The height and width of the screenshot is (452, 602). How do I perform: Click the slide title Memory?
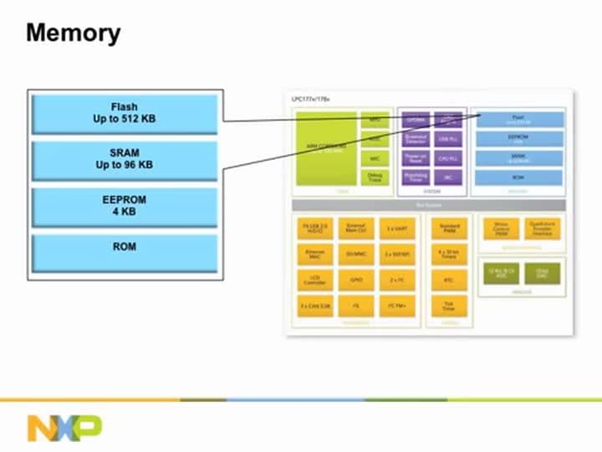[x=74, y=34]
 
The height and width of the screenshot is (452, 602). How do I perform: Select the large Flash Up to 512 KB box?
[x=125, y=113]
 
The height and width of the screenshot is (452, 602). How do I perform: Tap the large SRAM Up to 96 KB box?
[x=125, y=160]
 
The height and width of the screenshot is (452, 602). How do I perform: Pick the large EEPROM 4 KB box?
[x=125, y=207]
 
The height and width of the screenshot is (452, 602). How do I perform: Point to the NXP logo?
[x=64, y=427]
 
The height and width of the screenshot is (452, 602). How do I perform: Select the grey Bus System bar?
[x=428, y=205]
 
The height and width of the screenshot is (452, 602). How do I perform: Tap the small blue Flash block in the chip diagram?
[x=518, y=120]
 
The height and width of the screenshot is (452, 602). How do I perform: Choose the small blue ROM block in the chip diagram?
[x=518, y=177]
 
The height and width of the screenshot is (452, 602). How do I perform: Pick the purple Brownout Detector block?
[x=416, y=139]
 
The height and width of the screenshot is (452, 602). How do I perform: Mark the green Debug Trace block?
[x=375, y=177]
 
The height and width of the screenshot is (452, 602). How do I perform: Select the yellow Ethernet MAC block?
[x=315, y=254]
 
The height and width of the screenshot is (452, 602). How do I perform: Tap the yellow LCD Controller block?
[x=315, y=280]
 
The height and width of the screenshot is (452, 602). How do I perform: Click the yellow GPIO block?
[x=355, y=280]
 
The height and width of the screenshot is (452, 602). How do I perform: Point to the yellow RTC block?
[x=448, y=280]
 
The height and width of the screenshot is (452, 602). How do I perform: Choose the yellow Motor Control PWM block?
[x=501, y=229]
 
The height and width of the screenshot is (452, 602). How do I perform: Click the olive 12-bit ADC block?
[x=501, y=272]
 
